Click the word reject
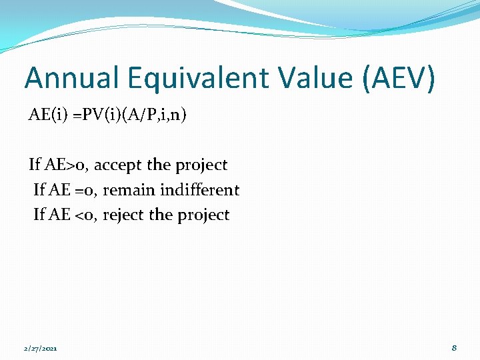(123, 215)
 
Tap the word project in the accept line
(201, 165)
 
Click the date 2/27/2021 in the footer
(41, 348)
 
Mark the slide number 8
(454, 347)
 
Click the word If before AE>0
(35, 165)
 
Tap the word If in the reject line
(39, 215)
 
